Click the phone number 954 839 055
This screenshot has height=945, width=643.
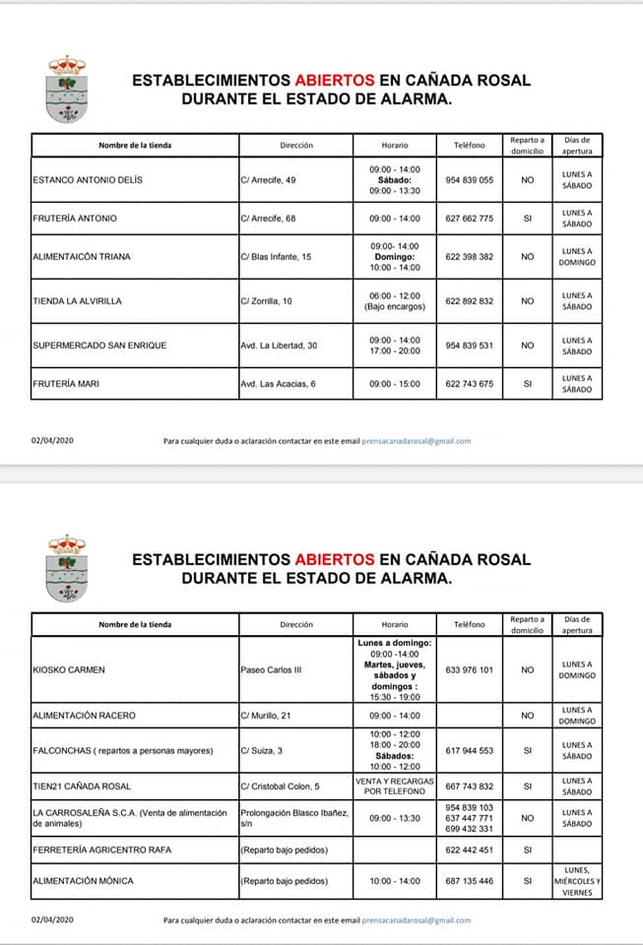[469, 180]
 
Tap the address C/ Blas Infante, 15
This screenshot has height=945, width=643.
[276, 257]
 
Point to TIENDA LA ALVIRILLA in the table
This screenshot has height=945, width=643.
[77, 301]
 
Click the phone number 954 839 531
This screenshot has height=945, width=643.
[469, 346]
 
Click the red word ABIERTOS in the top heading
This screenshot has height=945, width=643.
[334, 80]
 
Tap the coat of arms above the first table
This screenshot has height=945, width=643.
[67, 89]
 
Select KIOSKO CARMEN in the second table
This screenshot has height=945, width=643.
[69, 670]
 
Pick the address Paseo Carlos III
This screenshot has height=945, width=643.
[271, 670]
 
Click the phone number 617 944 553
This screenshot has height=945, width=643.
[469, 751]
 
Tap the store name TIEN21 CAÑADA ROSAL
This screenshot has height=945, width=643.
[82, 787]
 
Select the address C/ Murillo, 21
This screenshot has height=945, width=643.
[269, 716]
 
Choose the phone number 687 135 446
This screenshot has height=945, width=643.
[469, 881]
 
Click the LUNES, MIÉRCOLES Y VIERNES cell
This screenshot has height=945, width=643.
[577, 881]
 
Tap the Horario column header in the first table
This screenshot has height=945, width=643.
[395, 145]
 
